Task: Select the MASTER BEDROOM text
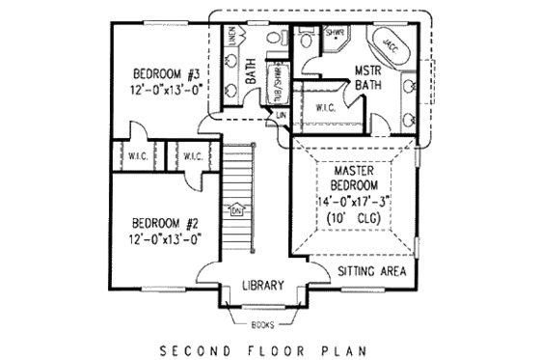tap(355, 180)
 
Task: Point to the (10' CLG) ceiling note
tap(355, 220)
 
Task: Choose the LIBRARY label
tap(261, 285)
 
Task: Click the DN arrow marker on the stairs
tap(236, 209)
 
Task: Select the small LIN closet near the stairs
tap(283, 116)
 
